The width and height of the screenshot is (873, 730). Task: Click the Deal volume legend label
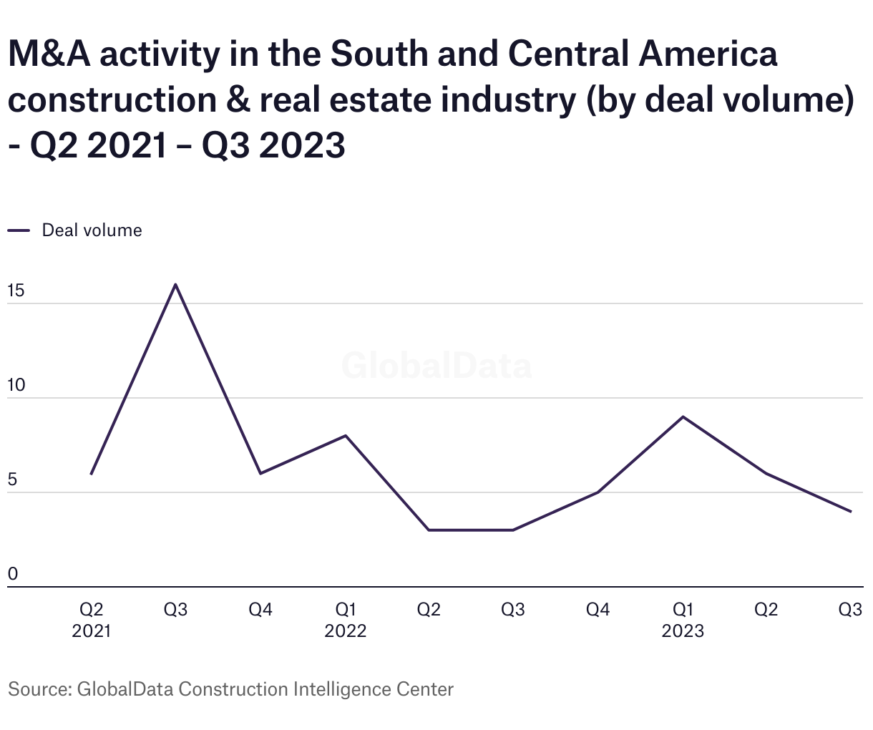92,230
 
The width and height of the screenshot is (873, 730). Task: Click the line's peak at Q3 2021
176,285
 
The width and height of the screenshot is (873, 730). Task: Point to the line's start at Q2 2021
92,474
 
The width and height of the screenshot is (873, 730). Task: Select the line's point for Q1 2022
346,436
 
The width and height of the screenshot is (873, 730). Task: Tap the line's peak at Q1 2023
683,417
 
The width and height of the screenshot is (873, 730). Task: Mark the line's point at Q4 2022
598,492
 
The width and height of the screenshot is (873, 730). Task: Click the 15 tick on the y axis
16,291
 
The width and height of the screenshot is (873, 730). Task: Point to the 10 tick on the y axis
16,386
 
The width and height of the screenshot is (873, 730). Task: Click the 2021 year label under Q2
92,631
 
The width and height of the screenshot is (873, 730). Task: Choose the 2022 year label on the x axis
346,631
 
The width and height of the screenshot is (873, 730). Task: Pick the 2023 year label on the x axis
683,631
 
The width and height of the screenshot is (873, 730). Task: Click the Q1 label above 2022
346,610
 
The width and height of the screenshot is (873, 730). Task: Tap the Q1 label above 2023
683,610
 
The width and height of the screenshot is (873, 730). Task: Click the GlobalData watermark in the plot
436,366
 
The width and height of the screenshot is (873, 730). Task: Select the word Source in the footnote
36,689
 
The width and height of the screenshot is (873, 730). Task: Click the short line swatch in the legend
19,230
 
